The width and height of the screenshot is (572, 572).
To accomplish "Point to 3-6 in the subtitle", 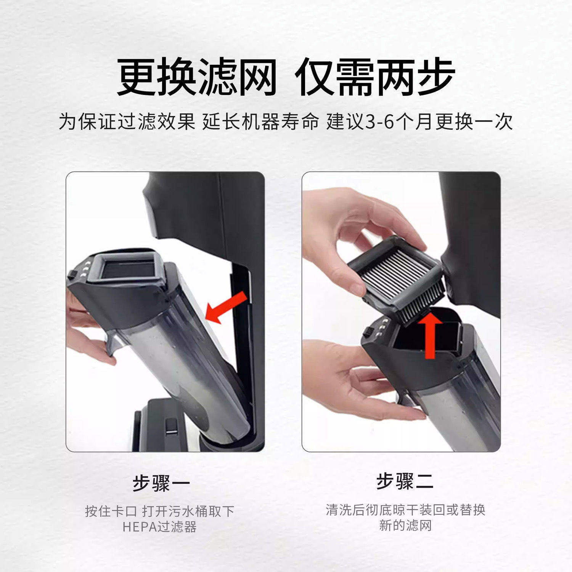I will click(379, 122).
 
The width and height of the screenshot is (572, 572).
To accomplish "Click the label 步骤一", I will click(161, 483).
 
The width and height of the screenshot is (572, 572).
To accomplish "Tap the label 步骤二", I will click(405, 481).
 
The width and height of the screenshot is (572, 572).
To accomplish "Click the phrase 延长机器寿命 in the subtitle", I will click(260, 122).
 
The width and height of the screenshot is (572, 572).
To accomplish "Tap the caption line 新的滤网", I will click(405, 525).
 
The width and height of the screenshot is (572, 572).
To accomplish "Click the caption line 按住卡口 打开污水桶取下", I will click(159, 511).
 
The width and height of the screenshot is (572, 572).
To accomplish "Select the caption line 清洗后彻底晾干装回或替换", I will click(405, 509).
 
